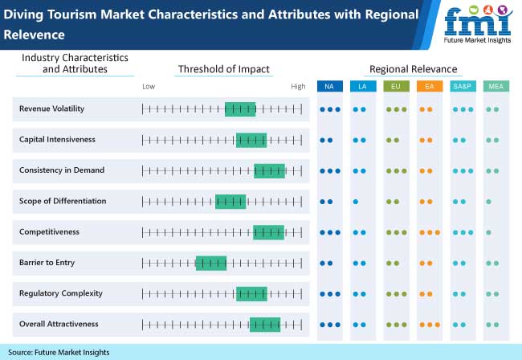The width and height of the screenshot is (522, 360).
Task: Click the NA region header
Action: coord(329,86)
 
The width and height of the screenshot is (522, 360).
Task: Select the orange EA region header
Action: coord(430,86)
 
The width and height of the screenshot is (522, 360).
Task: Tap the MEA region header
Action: coord(496,86)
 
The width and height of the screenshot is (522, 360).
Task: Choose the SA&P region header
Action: coord(463,86)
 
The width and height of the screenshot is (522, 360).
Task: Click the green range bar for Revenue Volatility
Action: coord(240,109)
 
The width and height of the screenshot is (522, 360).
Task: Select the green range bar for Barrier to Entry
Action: coord(211,263)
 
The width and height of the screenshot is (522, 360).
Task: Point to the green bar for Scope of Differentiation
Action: coord(230,202)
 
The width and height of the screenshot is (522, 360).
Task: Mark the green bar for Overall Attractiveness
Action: coord(265,325)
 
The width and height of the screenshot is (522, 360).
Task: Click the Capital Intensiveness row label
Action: coord(57,139)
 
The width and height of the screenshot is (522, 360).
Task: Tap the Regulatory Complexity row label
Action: coord(61,293)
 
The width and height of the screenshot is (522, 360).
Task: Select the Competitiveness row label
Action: coord(49,231)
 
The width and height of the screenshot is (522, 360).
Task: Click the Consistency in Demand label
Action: coord(62,170)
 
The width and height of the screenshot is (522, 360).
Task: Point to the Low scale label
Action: coord(149,87)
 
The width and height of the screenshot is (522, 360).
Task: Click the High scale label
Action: coord(298,87)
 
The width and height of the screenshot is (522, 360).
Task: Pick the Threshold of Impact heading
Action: coord(224,69)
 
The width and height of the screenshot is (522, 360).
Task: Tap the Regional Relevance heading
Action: coord(413,69)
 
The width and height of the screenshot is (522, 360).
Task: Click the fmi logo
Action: coord(478,24)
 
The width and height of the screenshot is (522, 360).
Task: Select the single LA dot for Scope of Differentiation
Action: coord(356,202)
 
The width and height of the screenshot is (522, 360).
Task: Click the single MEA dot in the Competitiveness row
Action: coord(488,232)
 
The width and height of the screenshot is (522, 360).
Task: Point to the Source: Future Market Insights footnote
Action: coord(59,352)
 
